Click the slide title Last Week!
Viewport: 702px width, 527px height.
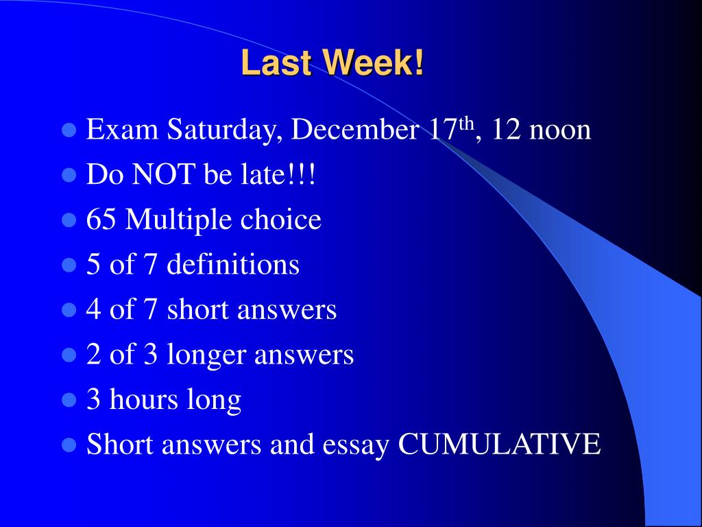(332, 65)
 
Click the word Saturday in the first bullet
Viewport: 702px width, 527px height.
(219, 130)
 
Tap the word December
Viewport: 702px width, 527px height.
(355, 130)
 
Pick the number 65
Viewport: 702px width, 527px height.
(101, 220)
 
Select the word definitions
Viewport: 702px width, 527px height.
(233, 265)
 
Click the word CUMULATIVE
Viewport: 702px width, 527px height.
(500, 445)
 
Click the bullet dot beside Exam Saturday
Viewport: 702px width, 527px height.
(69, 130)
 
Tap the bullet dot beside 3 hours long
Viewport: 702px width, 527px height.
(69, 400)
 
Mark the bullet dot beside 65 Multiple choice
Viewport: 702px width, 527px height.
(69, 220)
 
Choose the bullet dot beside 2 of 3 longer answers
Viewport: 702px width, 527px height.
(69, 355)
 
